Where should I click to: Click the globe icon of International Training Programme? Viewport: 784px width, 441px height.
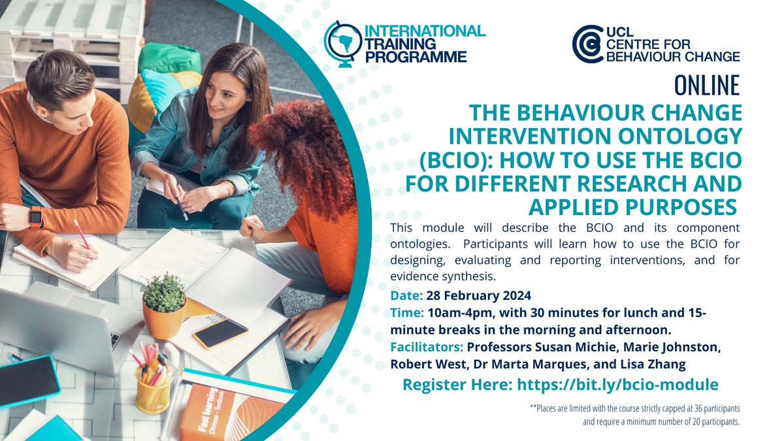coord(342,43)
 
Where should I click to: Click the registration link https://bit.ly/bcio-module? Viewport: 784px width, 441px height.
coord(617,384)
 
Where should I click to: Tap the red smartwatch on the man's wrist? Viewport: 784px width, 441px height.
coord(36,216)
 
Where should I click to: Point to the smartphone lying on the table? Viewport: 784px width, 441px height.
coord(220,333)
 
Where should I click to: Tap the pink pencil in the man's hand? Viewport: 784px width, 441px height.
coord(82,234)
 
